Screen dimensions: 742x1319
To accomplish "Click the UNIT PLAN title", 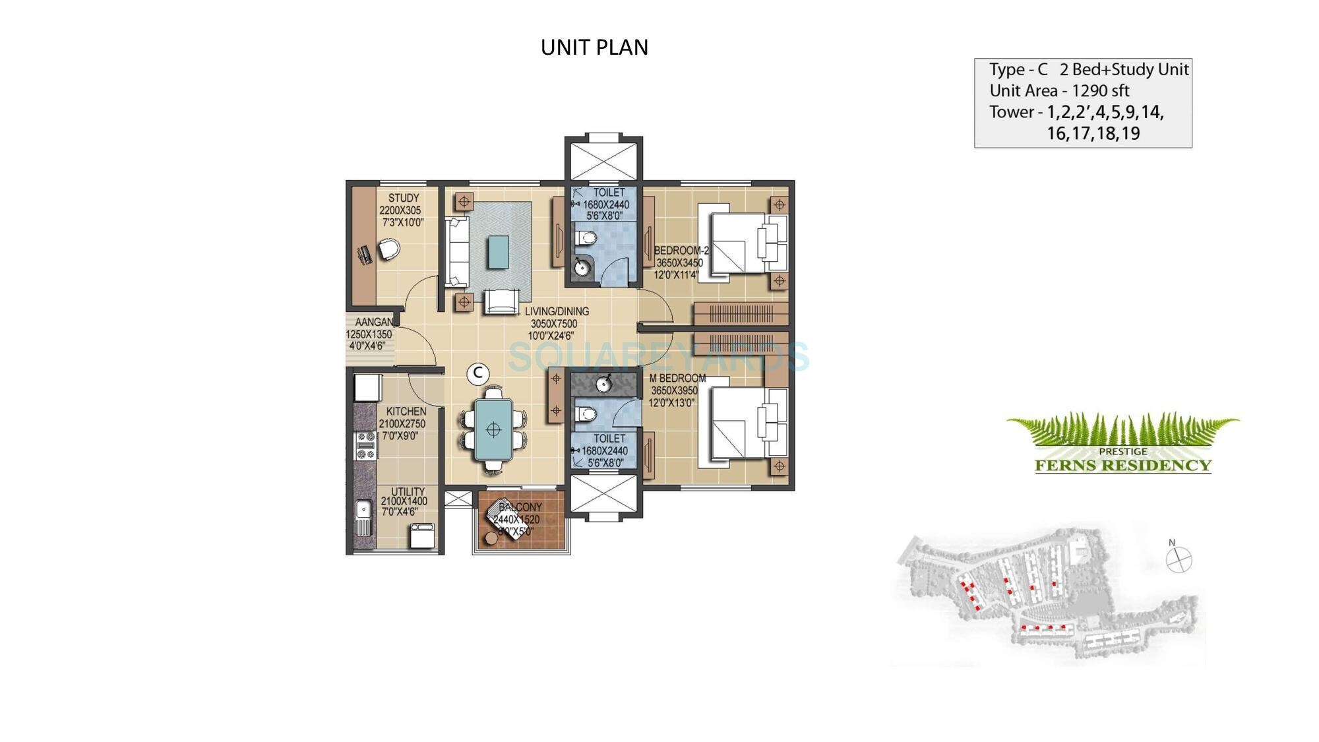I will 594,47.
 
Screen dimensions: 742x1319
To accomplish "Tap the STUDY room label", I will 403,198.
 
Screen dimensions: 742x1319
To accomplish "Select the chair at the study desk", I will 388,250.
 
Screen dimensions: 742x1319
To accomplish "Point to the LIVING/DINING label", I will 557,311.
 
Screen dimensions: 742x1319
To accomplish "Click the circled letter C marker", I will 477,373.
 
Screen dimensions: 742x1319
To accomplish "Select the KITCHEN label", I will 406,412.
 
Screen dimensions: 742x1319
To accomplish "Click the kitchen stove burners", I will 365,446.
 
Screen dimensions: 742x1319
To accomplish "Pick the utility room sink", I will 362,517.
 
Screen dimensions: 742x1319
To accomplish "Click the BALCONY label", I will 520,507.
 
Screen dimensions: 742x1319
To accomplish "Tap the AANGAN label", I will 374,323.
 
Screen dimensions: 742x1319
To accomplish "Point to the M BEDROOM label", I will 677,379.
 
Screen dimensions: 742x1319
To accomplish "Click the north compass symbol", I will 1179,560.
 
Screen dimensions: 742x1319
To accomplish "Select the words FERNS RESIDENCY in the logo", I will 1122,466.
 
